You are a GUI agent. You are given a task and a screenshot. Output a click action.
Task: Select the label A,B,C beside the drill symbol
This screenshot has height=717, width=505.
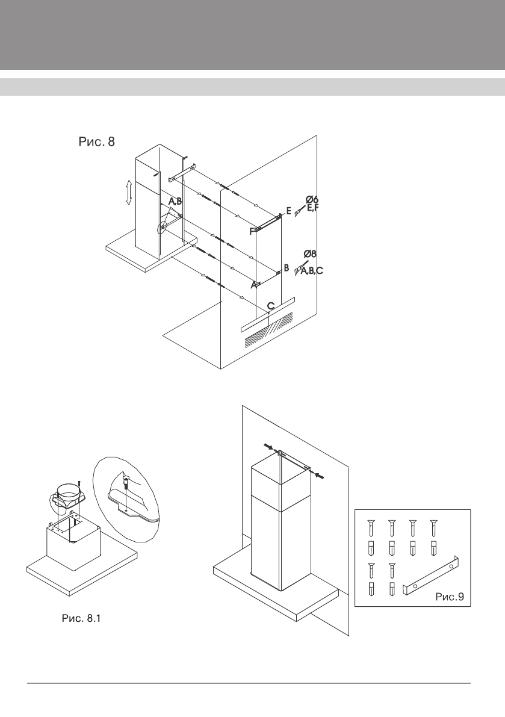312,272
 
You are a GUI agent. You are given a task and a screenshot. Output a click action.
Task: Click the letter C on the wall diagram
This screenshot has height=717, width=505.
271,306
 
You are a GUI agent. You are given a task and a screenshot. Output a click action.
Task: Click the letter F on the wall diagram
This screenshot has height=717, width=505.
252,231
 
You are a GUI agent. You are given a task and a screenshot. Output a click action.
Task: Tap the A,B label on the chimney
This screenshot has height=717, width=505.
175,201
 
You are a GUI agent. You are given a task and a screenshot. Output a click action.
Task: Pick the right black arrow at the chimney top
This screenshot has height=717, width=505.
320,476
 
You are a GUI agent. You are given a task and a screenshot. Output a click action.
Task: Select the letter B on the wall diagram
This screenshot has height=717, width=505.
287,267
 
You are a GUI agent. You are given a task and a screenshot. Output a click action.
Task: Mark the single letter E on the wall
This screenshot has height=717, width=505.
289,211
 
